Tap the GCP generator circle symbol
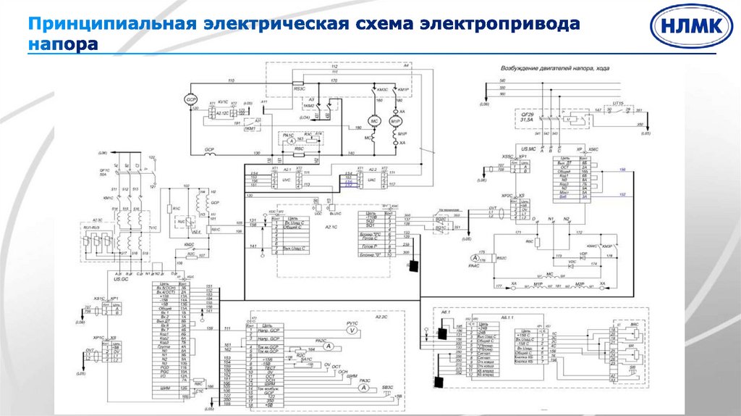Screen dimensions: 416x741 click(x=192, y=99)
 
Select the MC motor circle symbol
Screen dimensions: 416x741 click(x=374, y=120)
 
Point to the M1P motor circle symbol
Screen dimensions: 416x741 click(x=395, y=120)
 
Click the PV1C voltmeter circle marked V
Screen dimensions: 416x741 click(x=352, y=330)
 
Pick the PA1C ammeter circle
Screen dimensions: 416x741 click(x=289, y=143)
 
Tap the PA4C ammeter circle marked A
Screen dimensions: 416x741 click(x=475, y=259)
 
